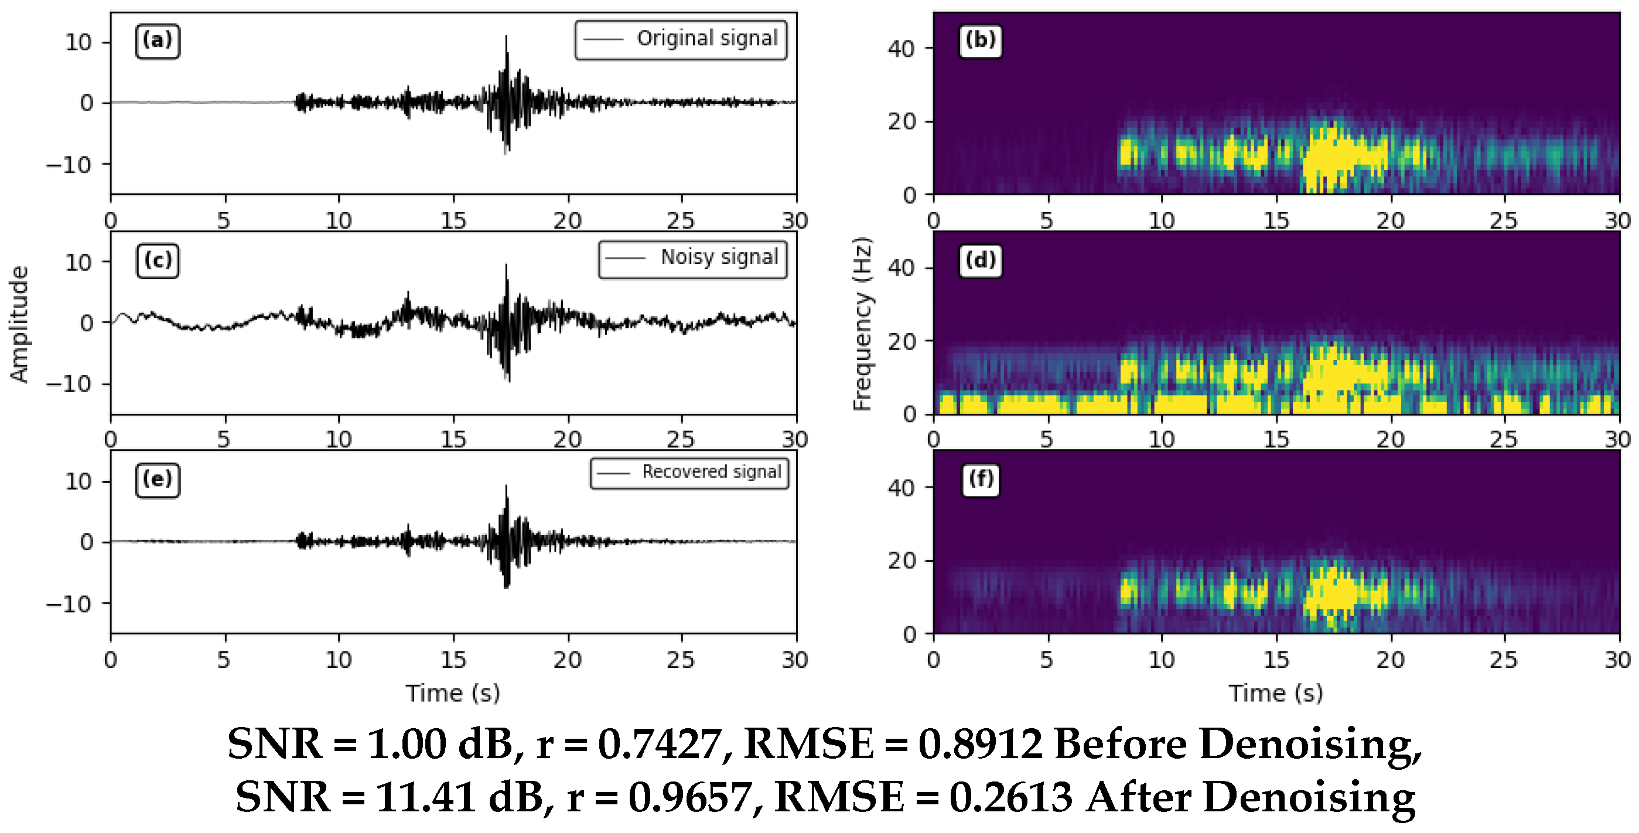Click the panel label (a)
pos(157,41)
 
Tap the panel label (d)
pos(980,260)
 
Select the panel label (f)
pos(980,479)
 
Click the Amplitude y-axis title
pos(19,324)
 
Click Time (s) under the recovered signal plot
pos(453,693)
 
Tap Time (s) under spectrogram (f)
pos(1276,693)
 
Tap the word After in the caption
pos(1138,797)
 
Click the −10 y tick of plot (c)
pos(69,384)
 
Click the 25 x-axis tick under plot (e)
pos(681,660)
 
